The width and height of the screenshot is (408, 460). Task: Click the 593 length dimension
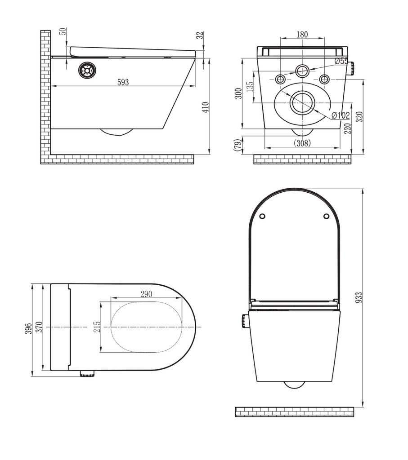[122, 82]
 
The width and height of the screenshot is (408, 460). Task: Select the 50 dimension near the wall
[63, 32]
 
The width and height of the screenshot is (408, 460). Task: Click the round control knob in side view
[87, 71]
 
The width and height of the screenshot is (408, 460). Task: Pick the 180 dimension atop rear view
[303, 35]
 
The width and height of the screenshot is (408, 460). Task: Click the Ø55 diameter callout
[341, 62]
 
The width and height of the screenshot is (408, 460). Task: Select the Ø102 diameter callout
[341, 115]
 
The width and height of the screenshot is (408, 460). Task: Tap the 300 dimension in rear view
[239, 93]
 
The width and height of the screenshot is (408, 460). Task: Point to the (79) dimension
[238, 145]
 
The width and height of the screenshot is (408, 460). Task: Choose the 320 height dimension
[359, 116]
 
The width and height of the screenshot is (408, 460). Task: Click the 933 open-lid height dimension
[359, 299]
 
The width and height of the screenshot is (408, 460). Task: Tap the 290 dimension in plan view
[146, 294]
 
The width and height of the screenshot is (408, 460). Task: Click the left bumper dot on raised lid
[262, 216]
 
